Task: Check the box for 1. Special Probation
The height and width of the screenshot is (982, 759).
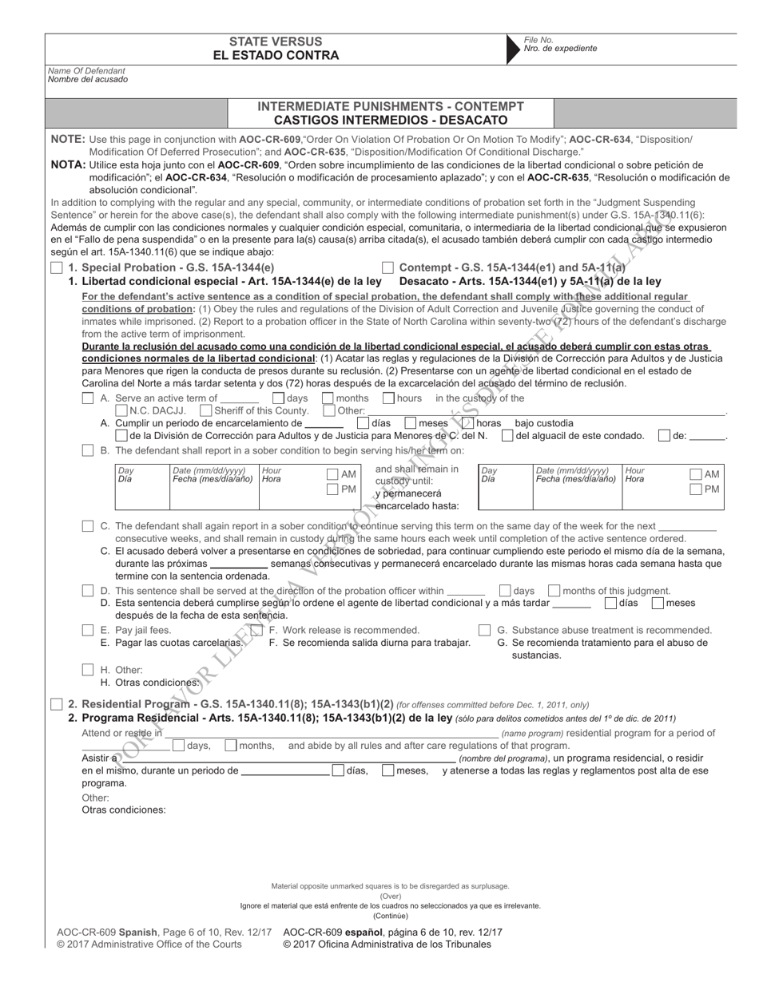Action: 56,268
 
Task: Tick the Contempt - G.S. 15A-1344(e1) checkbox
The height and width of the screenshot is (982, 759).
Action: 387,268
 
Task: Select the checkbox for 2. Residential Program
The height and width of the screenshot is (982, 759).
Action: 56,703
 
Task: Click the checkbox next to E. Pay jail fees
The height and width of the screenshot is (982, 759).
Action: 89,631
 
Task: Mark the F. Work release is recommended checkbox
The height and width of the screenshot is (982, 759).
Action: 256,631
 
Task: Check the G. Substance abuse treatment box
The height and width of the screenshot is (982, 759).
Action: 485,631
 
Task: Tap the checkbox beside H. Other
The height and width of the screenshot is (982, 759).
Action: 89,670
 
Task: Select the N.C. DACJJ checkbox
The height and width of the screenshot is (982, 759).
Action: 121,410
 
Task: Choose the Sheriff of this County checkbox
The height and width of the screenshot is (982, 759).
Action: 206,410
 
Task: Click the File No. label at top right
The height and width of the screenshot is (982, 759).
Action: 538,40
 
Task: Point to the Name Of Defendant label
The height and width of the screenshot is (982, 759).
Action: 82,70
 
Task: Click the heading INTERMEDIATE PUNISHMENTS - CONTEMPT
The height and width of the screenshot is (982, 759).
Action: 391,106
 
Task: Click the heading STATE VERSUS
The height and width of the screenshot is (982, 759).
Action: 276,41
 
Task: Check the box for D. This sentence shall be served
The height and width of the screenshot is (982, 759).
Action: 89,591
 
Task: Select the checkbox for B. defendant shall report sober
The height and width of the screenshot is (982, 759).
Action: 89,450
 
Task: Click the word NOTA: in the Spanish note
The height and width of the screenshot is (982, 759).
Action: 68,164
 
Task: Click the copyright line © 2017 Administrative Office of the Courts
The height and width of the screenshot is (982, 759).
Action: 149,944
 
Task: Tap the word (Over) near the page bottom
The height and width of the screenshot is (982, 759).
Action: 391,896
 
